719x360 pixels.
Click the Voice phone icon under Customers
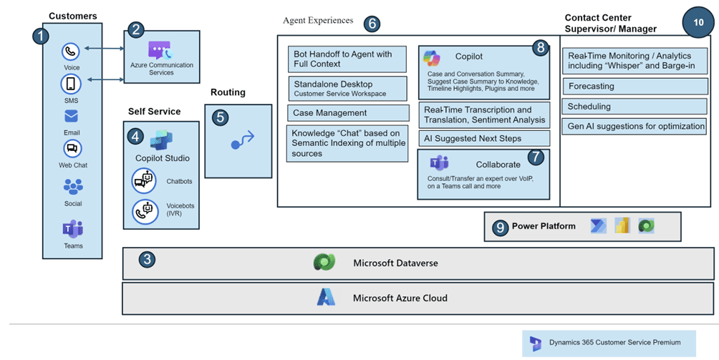[71, 52]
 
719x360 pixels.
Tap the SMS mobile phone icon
[71, 84]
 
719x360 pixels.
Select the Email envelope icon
[71, 117]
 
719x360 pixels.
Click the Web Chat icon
[72, 148]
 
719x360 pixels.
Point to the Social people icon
[73, 187]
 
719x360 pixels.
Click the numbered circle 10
[698, 22]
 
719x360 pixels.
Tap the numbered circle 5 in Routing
[221, 117]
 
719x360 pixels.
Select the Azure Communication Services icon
[160, 50]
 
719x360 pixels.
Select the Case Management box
[348, 112]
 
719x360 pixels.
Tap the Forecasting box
[635, 86]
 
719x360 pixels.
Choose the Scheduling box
[634, 106]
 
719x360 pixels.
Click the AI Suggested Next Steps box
[484, 138]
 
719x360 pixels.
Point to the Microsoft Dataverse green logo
[324, 263]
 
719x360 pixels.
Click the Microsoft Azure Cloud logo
[326, 297]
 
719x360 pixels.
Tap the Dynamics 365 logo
[535, 343]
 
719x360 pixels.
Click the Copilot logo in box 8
[432, 58]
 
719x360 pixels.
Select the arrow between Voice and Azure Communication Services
[104, 48]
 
